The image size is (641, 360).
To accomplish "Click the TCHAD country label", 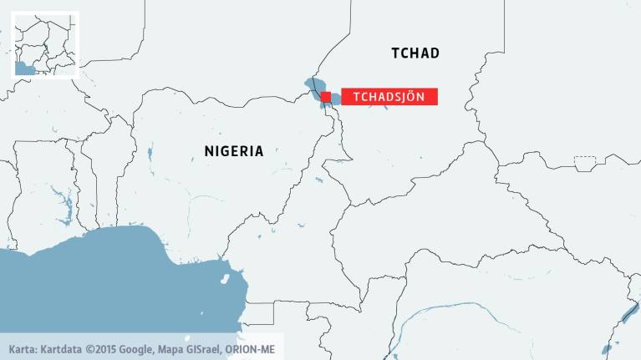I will pos(415,53).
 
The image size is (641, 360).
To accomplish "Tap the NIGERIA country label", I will pos(234,151).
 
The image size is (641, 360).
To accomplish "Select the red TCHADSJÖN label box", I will pos(389,97).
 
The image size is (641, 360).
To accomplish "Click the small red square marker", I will pos(326,97).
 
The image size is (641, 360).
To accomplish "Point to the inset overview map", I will pos(45,44).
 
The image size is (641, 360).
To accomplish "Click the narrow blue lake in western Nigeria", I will pos(150,154).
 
